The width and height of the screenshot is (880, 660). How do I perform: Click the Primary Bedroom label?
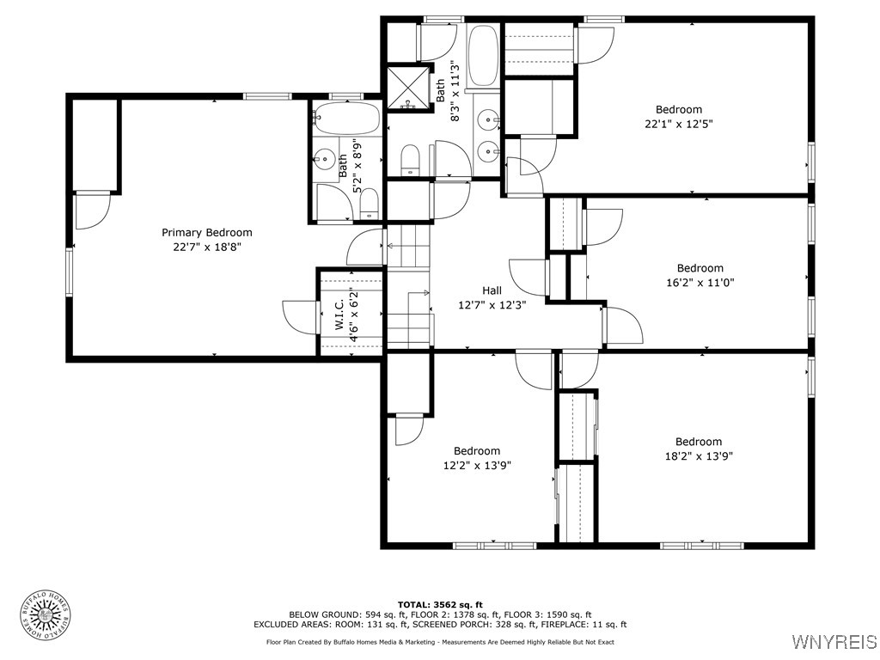(x=207, y=232)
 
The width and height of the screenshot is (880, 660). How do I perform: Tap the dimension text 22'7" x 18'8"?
(x=207, y=247)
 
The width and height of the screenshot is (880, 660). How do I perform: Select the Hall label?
(x=492, y=290)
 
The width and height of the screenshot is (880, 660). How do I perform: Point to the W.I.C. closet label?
(x=339, y=315)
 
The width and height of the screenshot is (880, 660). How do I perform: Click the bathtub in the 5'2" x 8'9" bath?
(x=346, y=118)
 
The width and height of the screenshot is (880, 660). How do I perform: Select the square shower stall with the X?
(x=406, y=88)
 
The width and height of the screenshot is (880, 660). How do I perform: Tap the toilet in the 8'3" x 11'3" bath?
(x=410, y=159)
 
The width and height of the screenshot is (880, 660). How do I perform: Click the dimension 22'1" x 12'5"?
(x=679, y=124)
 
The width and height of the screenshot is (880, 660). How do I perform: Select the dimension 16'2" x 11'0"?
(x=700, y=282)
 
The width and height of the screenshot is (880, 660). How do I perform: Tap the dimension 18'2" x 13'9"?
(x=698, y=456)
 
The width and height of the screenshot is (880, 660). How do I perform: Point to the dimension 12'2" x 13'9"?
(x=477, y=465)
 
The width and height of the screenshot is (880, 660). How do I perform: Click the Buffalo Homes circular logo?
(x=45, y=614)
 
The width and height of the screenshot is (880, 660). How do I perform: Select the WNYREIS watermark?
(x=834, y=642)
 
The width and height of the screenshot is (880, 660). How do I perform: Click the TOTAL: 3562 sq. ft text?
(x=440, y=604)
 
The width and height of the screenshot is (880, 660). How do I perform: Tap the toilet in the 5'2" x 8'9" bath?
(x=369, y=204)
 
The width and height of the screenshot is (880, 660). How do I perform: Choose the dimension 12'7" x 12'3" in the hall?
(x=492, y=304)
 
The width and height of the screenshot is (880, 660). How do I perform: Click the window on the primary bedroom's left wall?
(x=70, y=271)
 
